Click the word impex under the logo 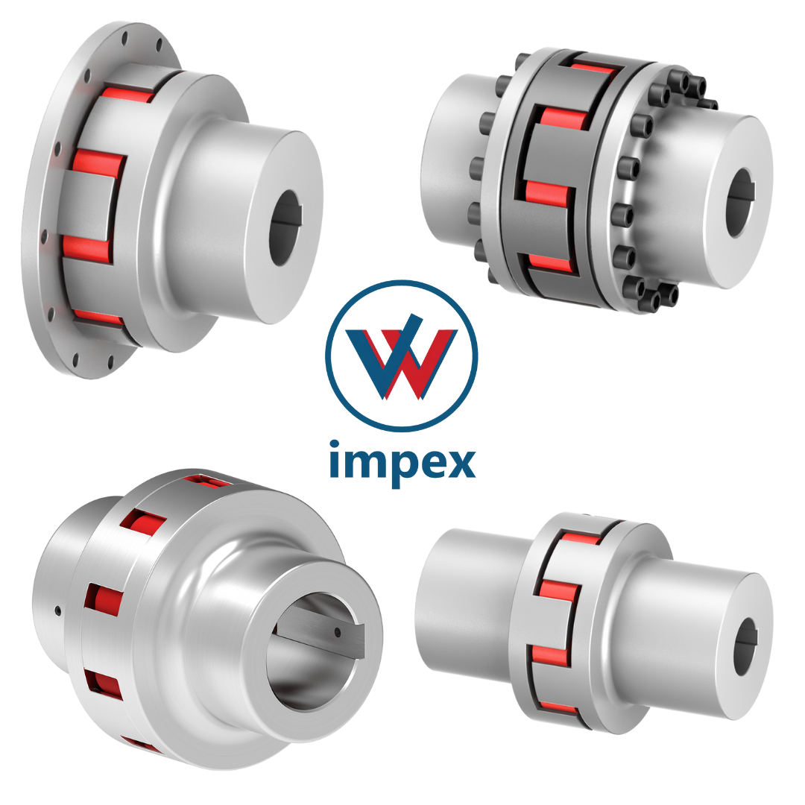click(402, 463)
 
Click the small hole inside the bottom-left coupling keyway click(338, 632)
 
